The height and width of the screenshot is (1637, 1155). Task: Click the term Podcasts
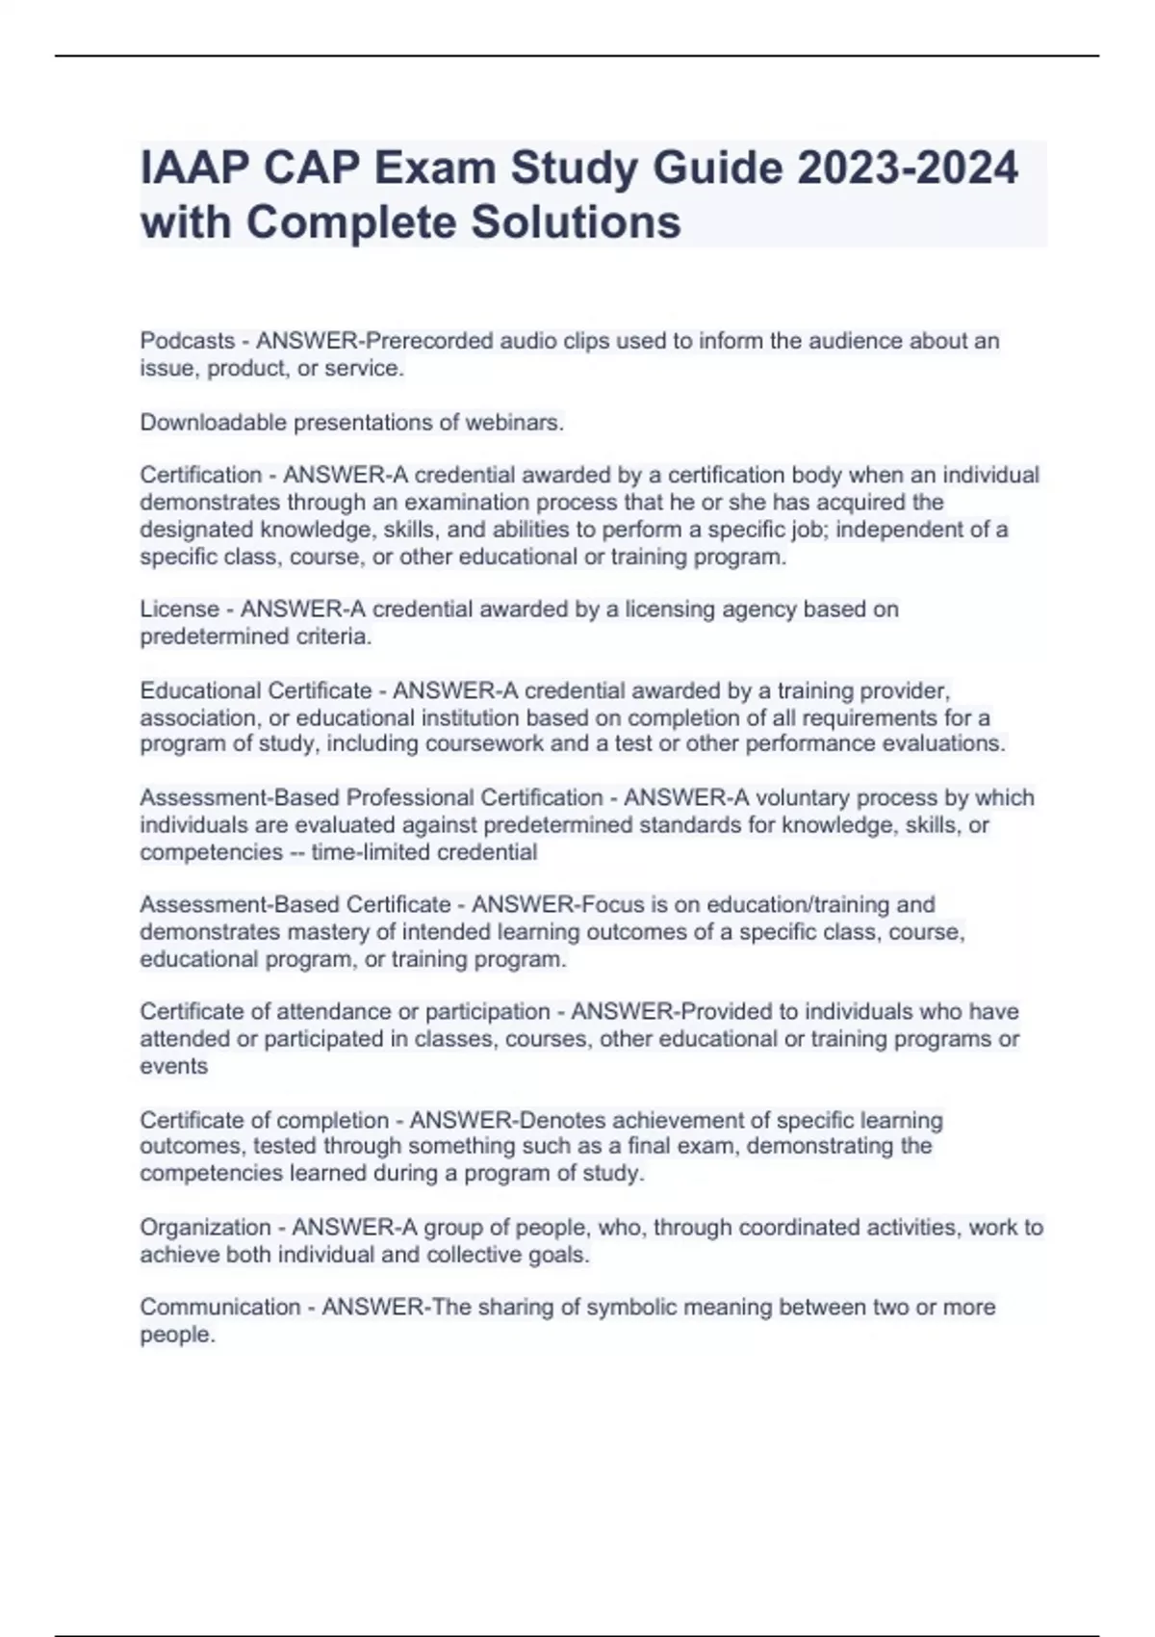tap(188, 341)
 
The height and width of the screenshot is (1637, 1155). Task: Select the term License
tap(180, 610)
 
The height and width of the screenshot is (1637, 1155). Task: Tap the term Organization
tap(205, 1228)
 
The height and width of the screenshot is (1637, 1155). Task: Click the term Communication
tap(220, 1308)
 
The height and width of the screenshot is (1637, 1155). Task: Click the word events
tap(174, 1066)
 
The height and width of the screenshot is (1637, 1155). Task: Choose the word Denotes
tap(562, 1121)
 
